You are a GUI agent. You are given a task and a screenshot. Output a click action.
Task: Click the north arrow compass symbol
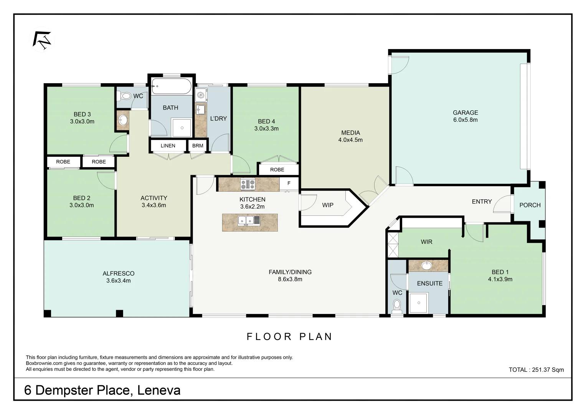pos(41,40)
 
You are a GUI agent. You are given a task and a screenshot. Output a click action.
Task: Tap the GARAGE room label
pos(465,113)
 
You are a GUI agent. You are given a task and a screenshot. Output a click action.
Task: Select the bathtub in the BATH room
pos(172,86)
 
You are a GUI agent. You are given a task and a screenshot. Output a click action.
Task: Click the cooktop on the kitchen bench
pos(248,184)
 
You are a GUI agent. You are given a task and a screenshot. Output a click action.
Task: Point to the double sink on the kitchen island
pos(249,220)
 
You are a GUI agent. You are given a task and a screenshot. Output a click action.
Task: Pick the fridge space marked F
pos(289,184)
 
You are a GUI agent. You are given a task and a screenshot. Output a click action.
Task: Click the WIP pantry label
pos(327,205)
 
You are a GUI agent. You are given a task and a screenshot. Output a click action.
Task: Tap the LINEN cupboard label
pos(168,146)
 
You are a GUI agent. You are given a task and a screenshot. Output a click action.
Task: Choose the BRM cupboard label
pos(198,146)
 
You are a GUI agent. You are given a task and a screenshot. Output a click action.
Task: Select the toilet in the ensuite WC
pos(397,306)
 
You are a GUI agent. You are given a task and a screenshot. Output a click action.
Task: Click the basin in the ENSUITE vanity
pos(427,266)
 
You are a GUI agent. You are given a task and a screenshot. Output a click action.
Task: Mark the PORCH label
pos(530,205)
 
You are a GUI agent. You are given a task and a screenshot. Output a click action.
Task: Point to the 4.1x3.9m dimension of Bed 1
pos(500,279)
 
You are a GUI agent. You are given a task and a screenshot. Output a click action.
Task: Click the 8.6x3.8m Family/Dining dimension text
pos(290,279)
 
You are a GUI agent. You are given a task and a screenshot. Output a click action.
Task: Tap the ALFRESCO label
pos(119,273)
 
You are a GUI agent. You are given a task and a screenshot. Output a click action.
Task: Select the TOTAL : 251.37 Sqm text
pos(536,370)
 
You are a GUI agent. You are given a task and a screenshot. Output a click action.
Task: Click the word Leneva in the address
pos(159,391)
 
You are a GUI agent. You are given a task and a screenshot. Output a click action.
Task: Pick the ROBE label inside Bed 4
pos(277,169)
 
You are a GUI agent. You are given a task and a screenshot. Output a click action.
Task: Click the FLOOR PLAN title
pos(290,337)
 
